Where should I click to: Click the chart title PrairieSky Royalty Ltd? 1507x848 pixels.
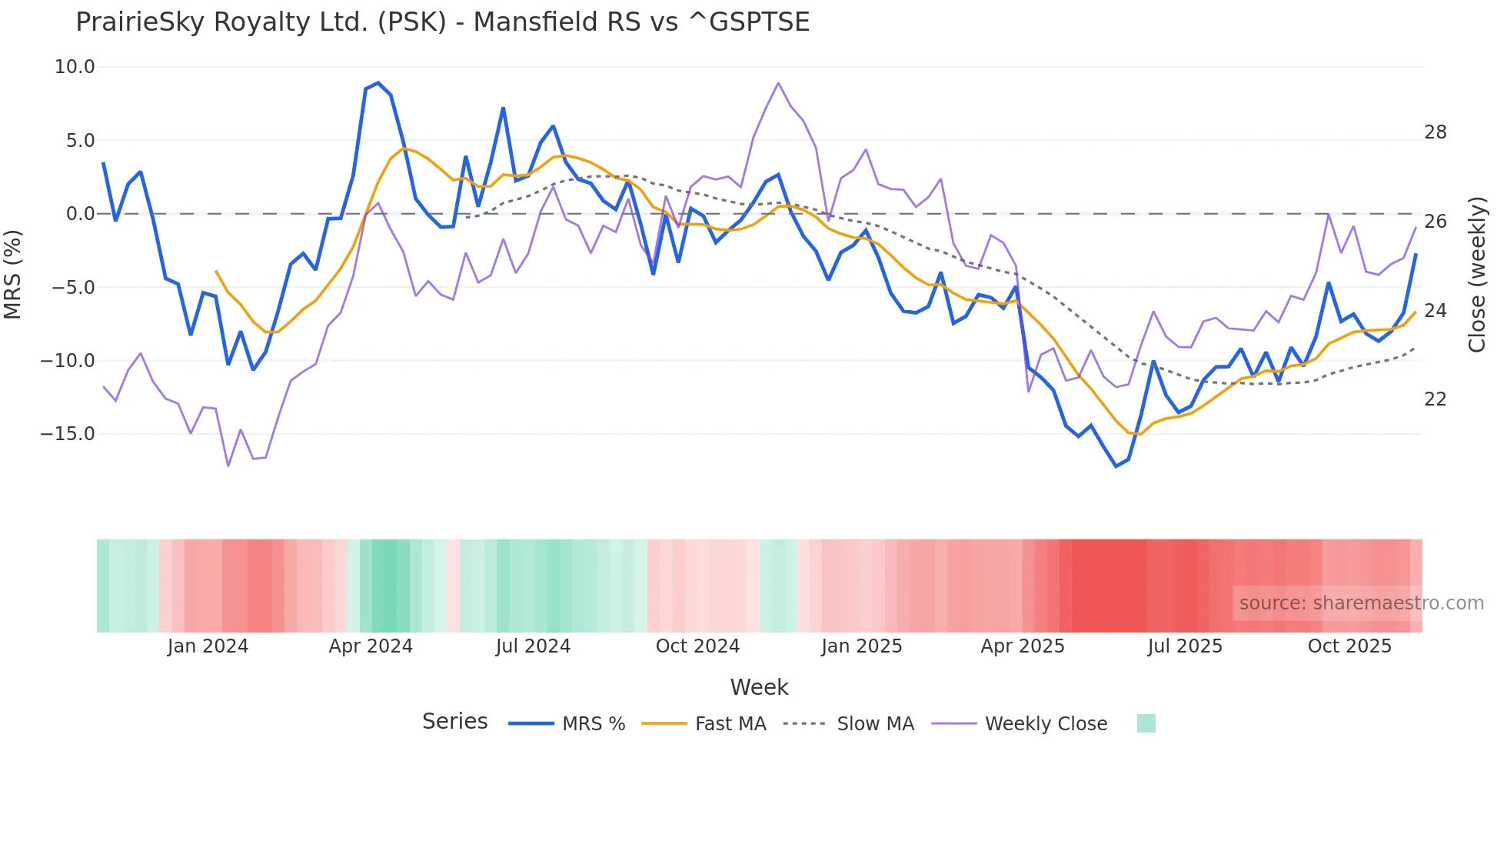tap(442, 22)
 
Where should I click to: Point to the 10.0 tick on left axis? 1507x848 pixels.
tap(75, 67)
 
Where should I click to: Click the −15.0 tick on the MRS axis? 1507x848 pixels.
tap(68, 434)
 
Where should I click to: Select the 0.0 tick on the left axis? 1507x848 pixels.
tap(80, 214)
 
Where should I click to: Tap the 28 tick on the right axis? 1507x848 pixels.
tap(1435, 132)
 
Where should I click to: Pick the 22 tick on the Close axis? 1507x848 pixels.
tap(1435, 399)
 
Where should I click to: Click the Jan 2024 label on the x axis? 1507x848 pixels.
tap(208, 646)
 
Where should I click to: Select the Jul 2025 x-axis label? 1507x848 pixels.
tap(1185, 646)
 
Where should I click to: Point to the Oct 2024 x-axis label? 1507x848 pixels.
tap(697, 646)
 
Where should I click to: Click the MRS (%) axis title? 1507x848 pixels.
tap(13, 274)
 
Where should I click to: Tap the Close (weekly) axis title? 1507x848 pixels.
tap(1477, 275)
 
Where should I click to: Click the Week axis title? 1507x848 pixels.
tap(759, 687)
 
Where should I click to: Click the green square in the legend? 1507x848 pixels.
tap(1146, 723)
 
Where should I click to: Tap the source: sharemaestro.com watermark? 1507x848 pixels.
tap(1361, 603)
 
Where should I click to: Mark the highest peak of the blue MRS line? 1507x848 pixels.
tap(378, 82)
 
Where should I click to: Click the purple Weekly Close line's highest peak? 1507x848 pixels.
tap(778, 83)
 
